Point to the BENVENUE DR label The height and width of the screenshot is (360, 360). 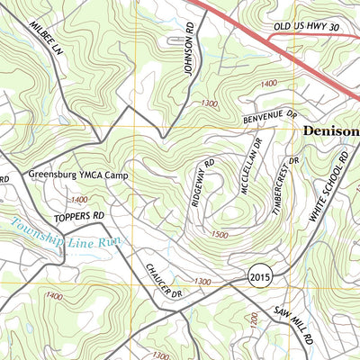[268, 116]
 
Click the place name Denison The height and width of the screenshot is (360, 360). [330, 132]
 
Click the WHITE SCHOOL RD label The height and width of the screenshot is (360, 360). [328, 187]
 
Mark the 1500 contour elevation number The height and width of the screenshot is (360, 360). [218, 234]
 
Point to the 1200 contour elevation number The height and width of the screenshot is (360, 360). [255, 320]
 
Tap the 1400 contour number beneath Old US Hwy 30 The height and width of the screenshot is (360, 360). [266, 83]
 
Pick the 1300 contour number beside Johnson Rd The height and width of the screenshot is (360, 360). [210, 103]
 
